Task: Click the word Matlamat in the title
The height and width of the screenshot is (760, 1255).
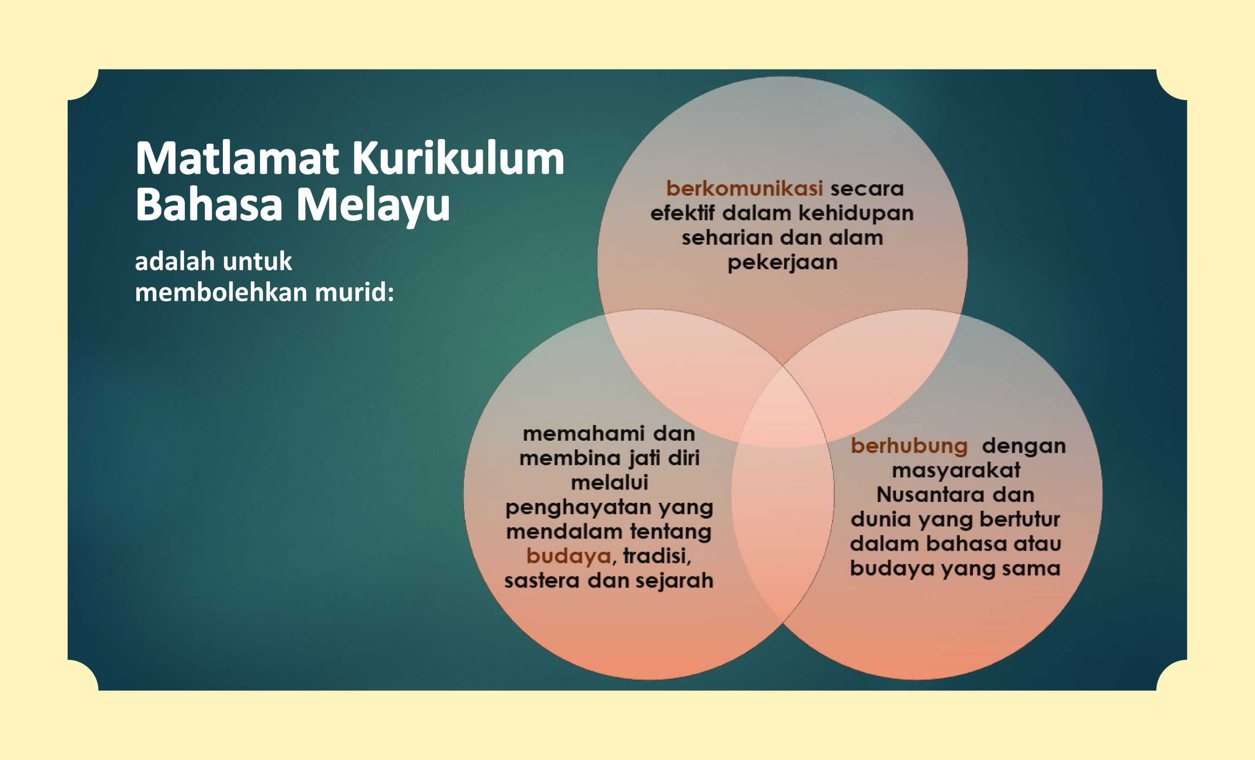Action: pos(237,158)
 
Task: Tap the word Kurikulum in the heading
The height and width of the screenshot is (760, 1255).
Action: pos(458,158)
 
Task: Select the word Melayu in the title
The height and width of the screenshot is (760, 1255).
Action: pos(373,206)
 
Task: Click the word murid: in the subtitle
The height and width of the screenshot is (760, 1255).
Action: pos(354,292)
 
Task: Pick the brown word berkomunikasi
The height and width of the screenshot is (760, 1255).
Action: pos(744,189)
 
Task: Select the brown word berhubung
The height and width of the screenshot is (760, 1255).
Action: pos(909,447)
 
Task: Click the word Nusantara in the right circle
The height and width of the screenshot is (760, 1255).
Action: pos(923,494)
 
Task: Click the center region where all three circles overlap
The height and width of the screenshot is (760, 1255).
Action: pos(783,407)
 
